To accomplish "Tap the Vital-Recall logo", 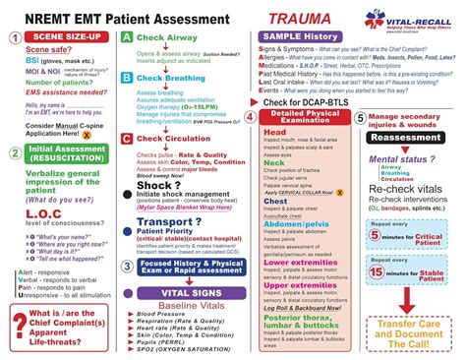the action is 413,17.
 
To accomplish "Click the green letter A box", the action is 127,37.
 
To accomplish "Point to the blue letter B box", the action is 127,76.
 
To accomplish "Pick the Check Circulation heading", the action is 181,112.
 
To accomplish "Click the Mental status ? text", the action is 403,158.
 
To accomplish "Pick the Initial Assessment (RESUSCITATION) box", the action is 65,154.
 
